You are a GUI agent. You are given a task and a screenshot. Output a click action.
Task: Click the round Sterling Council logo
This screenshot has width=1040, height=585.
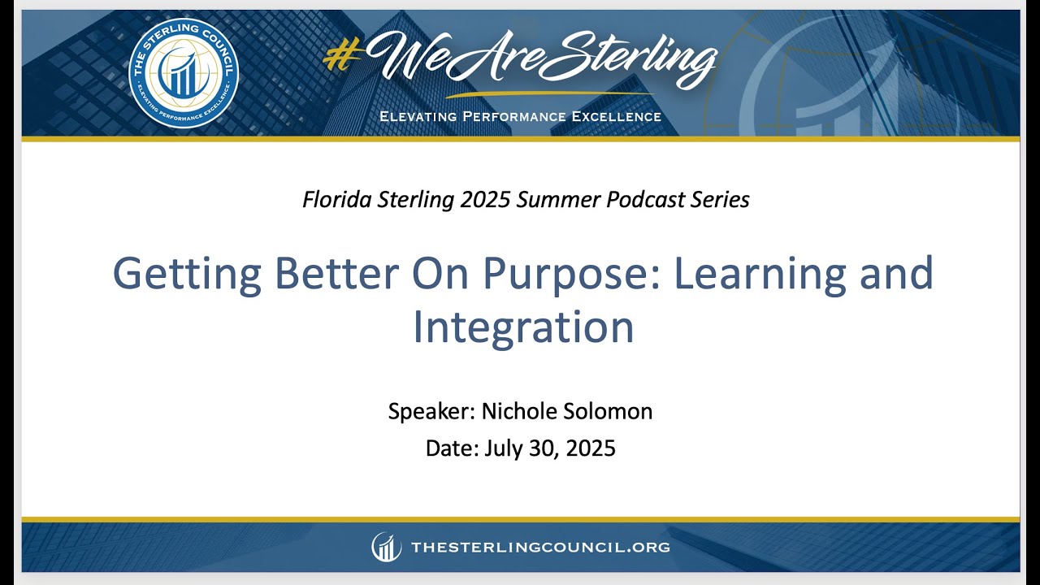tap(184, 74)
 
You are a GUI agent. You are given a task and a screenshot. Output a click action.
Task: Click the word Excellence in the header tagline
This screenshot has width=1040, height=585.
tap(617, 116)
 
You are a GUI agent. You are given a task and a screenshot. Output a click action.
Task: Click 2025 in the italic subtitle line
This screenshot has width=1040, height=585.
tap(481, 199)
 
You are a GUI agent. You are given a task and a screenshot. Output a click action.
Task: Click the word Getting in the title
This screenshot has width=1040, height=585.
tap(186, 275)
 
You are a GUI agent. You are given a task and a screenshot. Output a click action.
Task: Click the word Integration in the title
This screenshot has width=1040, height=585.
tap(522, 327)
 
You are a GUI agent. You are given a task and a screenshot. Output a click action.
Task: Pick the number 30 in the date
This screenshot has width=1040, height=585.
tap(543, 448)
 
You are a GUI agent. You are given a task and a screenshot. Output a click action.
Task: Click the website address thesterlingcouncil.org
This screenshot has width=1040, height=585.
tap(540, 548)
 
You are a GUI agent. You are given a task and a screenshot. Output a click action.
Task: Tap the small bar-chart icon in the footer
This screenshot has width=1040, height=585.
tap(387, 547)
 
